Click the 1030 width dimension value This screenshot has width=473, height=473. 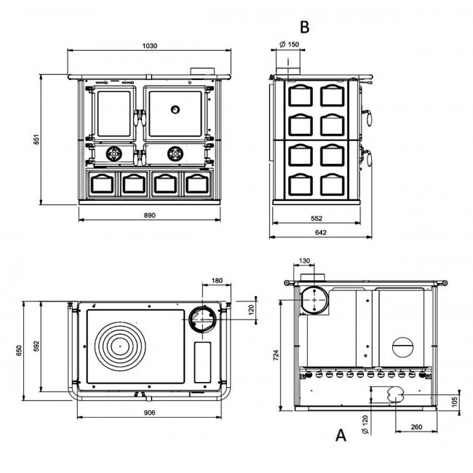coord(150,46)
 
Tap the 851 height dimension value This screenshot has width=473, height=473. coord(36,140)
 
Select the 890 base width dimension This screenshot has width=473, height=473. coord(150,215)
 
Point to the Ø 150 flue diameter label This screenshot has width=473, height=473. coord(289,44)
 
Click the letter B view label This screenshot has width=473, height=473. coord(304,27)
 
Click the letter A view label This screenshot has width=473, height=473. coord(341,435)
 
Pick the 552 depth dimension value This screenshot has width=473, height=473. coord(317,218)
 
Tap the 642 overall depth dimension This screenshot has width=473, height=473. coord(321,233)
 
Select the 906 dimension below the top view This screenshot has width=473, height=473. coord(149,413)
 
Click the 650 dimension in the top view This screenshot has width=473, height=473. coord(19,351)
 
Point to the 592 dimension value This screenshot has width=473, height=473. coord(36,346)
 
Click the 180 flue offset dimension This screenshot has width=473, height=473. coord(217,281)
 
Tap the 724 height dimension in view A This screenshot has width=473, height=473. coord(276,355)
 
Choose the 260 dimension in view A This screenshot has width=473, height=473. coord(416,427)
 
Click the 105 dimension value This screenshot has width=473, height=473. coord(455,402)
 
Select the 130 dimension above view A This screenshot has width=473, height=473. coord(304,261)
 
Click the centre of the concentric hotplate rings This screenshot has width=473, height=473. coord(120,346)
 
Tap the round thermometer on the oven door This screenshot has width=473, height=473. coord(175,109)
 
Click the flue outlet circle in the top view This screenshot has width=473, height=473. coord(202,319)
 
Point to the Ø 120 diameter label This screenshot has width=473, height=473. coord(365,425)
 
